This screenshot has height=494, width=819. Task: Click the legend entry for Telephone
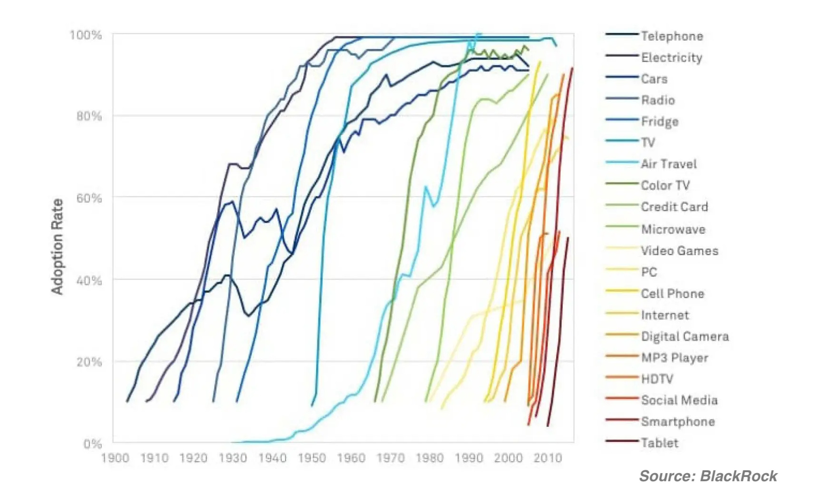coord(671,36)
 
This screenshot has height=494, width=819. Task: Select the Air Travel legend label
coord(668,164)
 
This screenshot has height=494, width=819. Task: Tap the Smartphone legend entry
coord(677,422)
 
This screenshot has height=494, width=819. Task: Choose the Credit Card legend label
coord(674,207)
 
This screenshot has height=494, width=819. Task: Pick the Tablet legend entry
coord(659,443)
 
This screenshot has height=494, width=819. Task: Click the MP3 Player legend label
coord(674,358)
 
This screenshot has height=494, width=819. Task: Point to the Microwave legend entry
coord(673,229)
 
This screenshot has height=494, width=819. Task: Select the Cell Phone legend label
coord(672,294)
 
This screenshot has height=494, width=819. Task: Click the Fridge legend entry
coord(659,122)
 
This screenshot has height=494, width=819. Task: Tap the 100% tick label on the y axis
coord(86,35)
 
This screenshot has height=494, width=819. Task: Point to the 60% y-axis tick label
coord(89,198)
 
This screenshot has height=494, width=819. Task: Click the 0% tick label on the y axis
coord(92,444)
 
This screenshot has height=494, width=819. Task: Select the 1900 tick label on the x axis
coord(115,458)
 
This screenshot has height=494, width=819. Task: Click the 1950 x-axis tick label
coord(311,458)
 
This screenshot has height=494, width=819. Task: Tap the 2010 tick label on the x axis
coord(548,458)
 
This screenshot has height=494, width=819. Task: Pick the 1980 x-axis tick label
coord(429,458)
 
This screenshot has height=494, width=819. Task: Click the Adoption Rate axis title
coord(57,247)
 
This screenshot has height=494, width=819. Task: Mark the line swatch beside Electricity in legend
coord(621,56)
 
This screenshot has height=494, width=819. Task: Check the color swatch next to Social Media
coord(621,398)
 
